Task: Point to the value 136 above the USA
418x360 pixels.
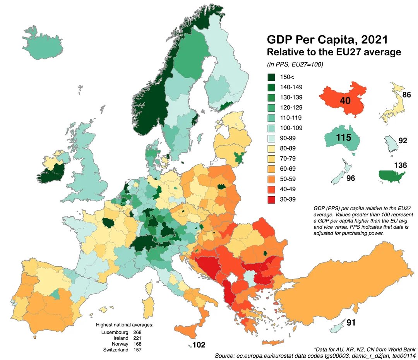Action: (x=400, y=165)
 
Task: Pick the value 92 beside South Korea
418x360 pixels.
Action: (x=403, y=140)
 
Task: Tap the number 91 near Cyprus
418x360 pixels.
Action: (x=351, y=322)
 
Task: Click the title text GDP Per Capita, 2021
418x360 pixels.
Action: (x=327, y=40)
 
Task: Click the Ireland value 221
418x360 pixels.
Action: (x=136, y=338)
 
